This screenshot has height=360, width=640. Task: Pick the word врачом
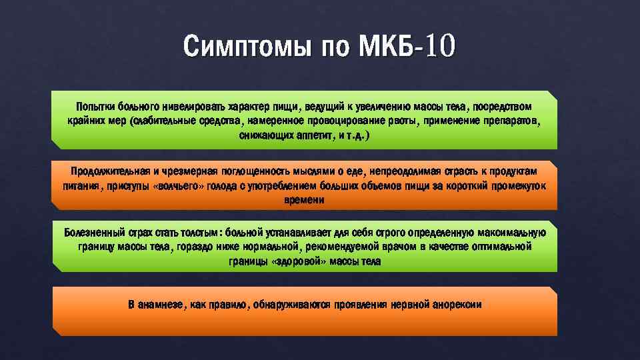[400, 247]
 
